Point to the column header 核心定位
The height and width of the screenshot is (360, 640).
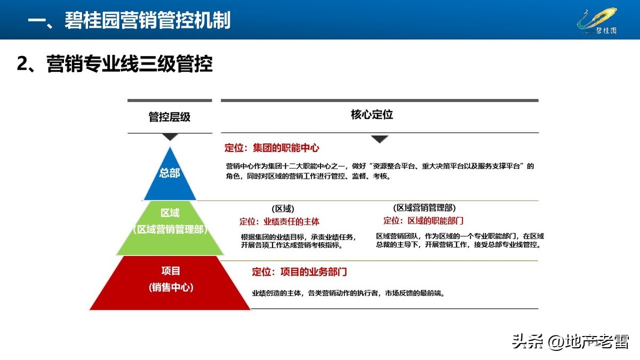(372, 115)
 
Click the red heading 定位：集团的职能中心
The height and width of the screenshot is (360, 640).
(272, 148)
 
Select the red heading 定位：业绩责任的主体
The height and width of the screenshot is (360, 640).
(279, 221)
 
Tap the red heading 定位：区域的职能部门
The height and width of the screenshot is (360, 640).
(423, 220)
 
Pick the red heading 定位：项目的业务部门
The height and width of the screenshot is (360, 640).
(300, 272)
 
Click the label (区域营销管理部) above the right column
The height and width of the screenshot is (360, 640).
(425, 207)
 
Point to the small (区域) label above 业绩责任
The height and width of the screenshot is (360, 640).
(283, 209)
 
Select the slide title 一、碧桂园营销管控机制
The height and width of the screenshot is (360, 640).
(129, 20)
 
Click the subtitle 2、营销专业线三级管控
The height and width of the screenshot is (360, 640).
(115, 64)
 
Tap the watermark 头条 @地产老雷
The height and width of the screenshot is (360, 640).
(570, 341)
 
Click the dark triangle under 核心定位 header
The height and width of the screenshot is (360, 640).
(379, 139)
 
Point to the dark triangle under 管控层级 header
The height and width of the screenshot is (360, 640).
(170, 137)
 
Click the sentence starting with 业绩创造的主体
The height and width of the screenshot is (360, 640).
(348, 293)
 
